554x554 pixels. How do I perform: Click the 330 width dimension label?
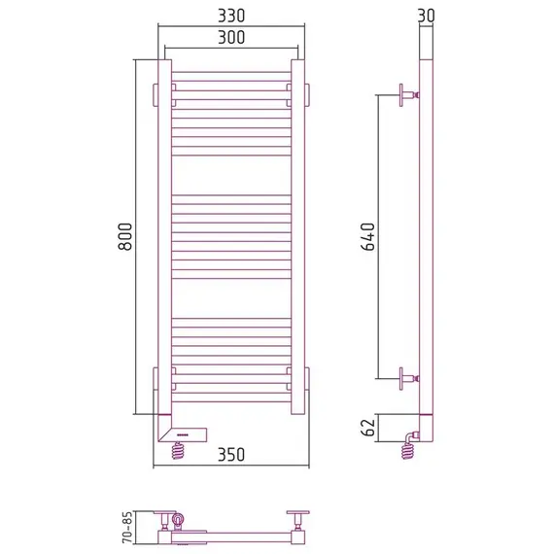coord(231,16)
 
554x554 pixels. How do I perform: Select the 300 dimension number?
coord(231,38)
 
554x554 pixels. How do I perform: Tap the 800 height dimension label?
coord(125,236)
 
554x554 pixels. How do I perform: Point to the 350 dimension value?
coord(231,455)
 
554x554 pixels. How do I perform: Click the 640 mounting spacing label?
coord(368,236)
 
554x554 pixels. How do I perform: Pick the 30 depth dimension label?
coord(426,16)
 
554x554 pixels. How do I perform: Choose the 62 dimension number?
coord(368,428)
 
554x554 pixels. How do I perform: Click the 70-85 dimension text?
coord(127,527)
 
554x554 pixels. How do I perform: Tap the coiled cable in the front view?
coord(178,450)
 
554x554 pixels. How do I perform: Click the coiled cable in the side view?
coord(408,451)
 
